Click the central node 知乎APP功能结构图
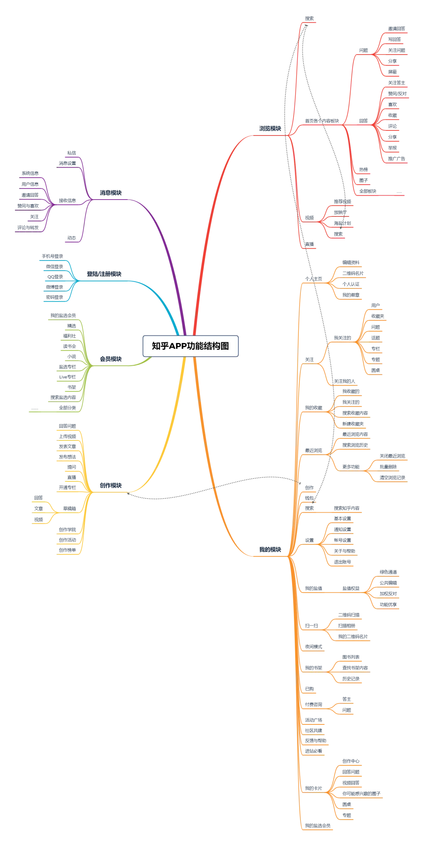click(190, 346)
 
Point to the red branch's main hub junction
click(289, 135)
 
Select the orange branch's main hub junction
click(291, 555)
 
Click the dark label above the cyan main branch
click(104, 273)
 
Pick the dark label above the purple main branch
click(110, 192)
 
